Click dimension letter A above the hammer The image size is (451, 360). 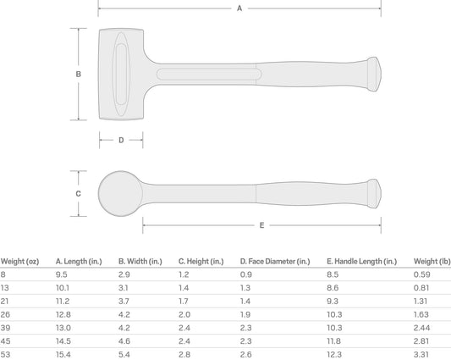click(239, 8)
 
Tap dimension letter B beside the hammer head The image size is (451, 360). click(78, 74)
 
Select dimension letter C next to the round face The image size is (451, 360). click(78, 193)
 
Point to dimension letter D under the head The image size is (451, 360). click(121, 140)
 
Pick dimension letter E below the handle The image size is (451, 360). click(261, 225)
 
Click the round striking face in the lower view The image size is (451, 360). click(120, 193)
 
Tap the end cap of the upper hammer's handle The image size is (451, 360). click(374, 75)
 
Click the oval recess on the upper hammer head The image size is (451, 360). click(121, 74)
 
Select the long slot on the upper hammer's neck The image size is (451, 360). click(209, 75)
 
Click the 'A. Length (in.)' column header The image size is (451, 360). click(79, 262)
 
